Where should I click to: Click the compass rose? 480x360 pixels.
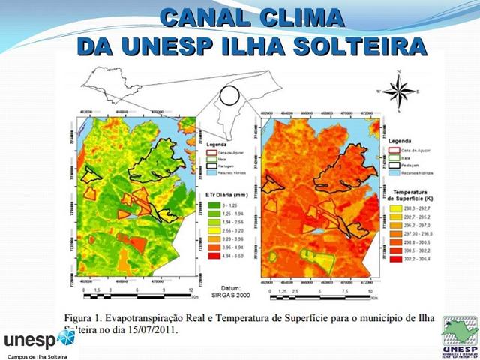click(x=397, y=91)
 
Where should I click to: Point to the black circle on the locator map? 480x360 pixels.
click(x=229, y=94)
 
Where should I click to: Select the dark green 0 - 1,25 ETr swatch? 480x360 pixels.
click(x=214, y=205)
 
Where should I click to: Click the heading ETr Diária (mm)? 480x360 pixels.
click(x=224, y=195)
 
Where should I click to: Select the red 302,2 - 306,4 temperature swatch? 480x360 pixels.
click(x=399, y=259)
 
